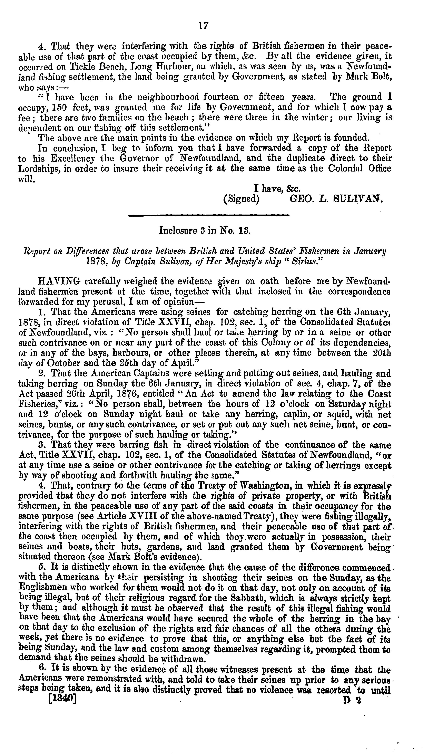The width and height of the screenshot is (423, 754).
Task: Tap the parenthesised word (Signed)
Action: (x=241, y=200)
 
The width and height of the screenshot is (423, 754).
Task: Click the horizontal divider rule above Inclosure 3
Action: (x=209, y=216)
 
